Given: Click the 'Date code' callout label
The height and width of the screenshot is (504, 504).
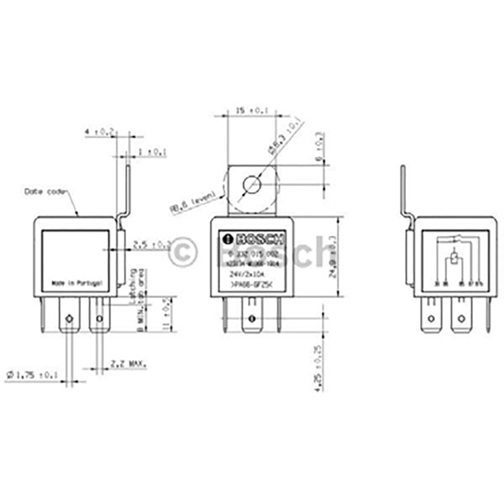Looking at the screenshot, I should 45,192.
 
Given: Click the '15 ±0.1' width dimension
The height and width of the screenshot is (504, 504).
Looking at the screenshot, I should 245,110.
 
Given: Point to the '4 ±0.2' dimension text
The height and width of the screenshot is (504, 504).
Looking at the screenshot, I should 100,131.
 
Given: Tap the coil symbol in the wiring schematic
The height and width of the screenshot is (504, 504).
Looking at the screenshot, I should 454,260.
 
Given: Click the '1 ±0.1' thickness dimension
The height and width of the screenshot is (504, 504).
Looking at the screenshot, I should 152,152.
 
